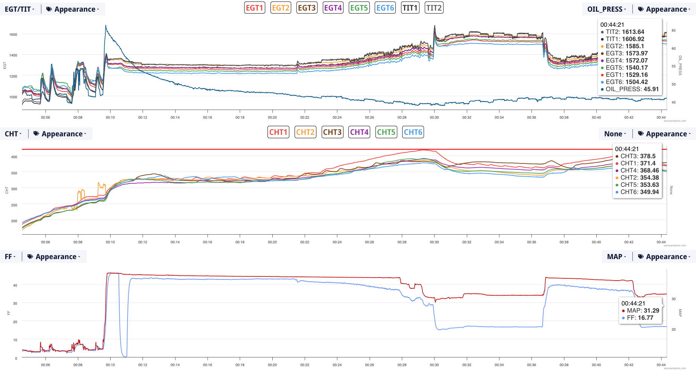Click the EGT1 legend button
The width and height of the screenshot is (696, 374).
click(x=255, y=8)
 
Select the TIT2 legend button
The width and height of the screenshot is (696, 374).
click(x=434, y=8)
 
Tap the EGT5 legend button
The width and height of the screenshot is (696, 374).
click(x=359, y=8)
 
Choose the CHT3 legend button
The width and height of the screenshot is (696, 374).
click(x=333, y=132)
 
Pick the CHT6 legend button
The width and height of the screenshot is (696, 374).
click(x=413, y=132)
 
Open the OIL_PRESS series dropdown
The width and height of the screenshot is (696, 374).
click(x=606, y=9)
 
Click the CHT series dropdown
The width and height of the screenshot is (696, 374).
click(x=13, y=134)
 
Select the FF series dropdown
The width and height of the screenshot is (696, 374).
click(x=10, y=256)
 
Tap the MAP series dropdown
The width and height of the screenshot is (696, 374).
click(x=616, y=256)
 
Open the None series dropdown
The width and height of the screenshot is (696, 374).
click(x=615, y=134)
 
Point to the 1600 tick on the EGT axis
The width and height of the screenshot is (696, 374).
click(x=13, y=34)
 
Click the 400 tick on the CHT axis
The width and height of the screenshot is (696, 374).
click(x=14, y=157)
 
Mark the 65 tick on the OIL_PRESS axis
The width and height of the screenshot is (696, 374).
click(x=673, y=31)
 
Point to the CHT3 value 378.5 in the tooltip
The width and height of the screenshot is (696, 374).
click(x=648, y=156)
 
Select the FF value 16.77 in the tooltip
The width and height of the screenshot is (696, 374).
click(x=646, y=318)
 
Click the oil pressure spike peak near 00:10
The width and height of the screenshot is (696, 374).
click(x=106, y=26)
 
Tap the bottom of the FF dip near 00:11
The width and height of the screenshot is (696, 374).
click(x=125, y=356)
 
